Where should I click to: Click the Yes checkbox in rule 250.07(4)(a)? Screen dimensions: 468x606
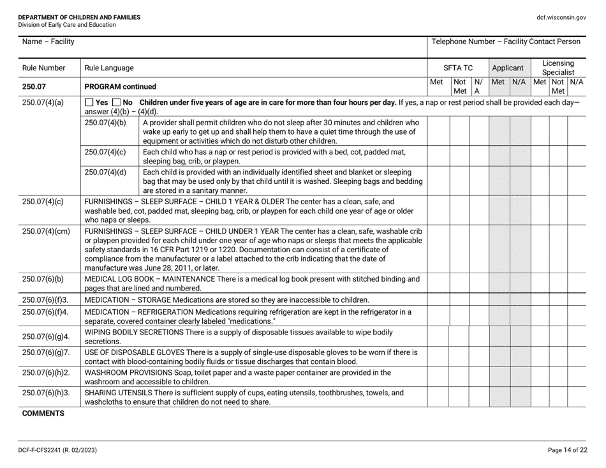pyautogui.click(x=89, y=104)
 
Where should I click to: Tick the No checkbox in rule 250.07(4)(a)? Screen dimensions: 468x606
pyautogui.click(x=117, y=104)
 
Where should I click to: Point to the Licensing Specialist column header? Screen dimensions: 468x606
pyautogui.click(x=558, y=67)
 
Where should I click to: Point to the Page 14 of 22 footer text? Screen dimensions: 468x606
pyautogui.click(x=568, y=449)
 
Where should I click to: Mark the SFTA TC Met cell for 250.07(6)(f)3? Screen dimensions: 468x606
pyautogui.click(x=437, y=300)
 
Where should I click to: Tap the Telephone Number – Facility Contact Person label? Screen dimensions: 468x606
pyautogui.click(x=506, y=42)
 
